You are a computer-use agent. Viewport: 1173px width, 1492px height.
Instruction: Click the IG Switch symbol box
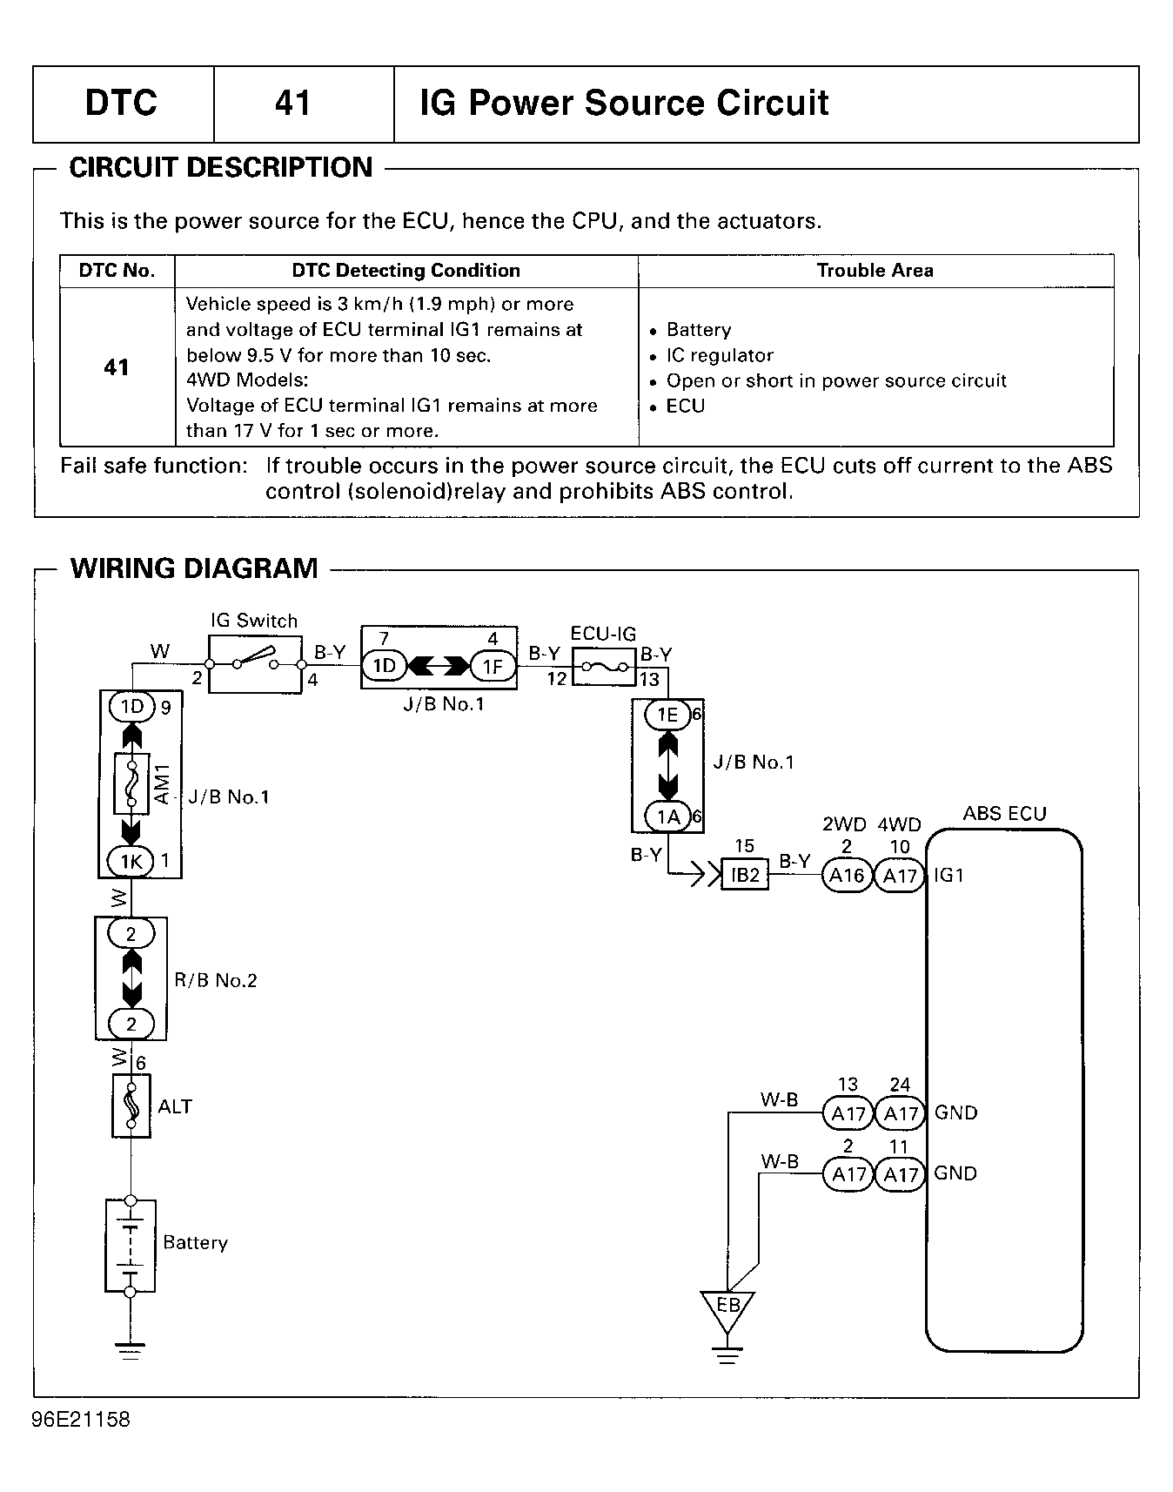coord(255,664)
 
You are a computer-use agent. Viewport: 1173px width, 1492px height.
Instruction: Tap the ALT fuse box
coord(131,1106)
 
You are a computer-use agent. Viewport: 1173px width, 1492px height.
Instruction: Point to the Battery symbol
coord(131,1247)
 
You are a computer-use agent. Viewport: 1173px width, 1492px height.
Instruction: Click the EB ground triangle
coord(727,1311)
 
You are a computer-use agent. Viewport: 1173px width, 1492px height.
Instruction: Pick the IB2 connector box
coord(746,875)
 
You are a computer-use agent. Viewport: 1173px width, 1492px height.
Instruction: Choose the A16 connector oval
coord(848,876)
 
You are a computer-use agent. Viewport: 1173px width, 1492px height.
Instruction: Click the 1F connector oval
coord(493,667)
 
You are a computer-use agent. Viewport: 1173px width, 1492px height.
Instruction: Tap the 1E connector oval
coord(667,715)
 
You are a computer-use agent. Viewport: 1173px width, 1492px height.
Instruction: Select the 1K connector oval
coord(131,862)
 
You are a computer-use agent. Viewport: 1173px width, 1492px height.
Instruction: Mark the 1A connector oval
coord(667,817)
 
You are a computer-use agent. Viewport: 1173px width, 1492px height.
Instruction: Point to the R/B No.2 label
coord(216,980)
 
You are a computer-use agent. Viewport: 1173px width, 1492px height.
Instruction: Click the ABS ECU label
coord(1004,814)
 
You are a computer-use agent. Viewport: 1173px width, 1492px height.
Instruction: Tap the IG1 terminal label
coord(949,875)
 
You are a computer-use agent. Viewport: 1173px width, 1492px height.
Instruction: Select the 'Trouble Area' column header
coord(875,271)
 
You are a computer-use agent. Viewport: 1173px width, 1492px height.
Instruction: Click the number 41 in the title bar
coord(292,104)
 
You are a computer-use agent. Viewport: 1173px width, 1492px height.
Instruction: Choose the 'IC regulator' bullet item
coord(712,355)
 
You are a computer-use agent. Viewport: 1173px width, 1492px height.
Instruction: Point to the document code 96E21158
coord(81,1420)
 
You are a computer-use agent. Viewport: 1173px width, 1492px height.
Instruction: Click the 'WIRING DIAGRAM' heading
coord(194,568)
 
